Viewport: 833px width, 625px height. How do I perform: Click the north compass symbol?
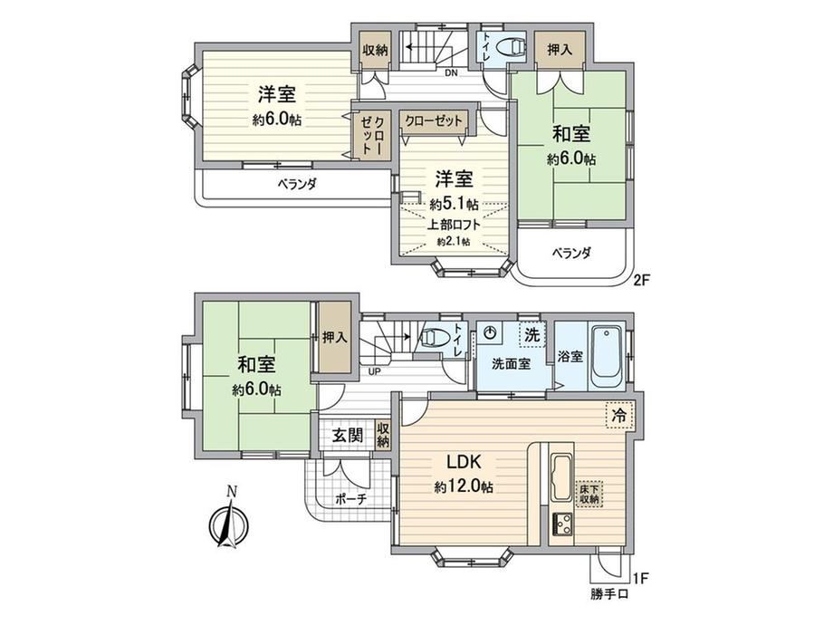tap(229, 522)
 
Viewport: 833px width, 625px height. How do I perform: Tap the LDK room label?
tap(464, 462)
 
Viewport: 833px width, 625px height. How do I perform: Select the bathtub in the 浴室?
tap(606, 358)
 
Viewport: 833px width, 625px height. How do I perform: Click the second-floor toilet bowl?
tap(511, 47)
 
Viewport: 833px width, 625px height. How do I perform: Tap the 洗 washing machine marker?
tap(531, 335)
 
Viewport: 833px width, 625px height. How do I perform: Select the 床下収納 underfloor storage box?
tap(589, 493)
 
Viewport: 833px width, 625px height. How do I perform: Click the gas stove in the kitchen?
tap(561, 524)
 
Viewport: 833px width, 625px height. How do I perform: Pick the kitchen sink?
tap(561, 477)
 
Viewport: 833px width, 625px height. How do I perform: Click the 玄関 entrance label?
tap(348, 436)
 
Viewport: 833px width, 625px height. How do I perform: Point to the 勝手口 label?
tap(608, 593)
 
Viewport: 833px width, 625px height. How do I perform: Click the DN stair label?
tap(451, 72)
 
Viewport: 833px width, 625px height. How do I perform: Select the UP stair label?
tap(374, 371)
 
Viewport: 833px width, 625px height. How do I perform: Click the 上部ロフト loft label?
tap(454, 225)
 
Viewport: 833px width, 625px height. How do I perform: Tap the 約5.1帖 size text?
tap(454, 204)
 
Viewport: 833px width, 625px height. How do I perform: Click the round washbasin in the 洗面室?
tap(491, 333)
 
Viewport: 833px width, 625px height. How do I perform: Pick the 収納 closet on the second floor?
tap(375, 51)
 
